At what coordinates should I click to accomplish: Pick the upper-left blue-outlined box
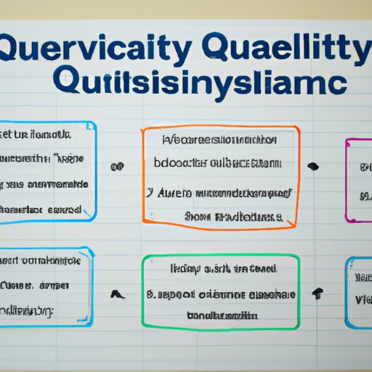pyautogui.click(x=47, y=171)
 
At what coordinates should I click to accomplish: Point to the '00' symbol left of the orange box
pyautogui.click(x=115, y=167)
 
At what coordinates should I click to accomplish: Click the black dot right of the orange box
pyautogui.click(x=313, y=166)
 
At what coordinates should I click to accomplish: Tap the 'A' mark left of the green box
pyautogui.click(x=115, y=294)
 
